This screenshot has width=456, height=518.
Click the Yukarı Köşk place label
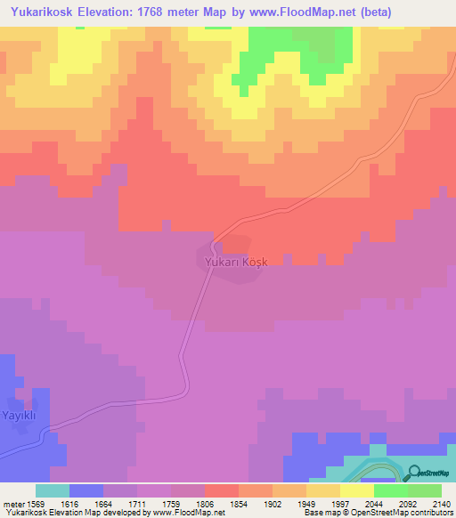230,262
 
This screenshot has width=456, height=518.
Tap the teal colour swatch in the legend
52,490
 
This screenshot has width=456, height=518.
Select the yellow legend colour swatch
356,490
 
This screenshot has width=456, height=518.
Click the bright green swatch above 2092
390,490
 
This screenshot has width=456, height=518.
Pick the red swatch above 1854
221,490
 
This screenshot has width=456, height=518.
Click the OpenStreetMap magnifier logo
415,473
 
